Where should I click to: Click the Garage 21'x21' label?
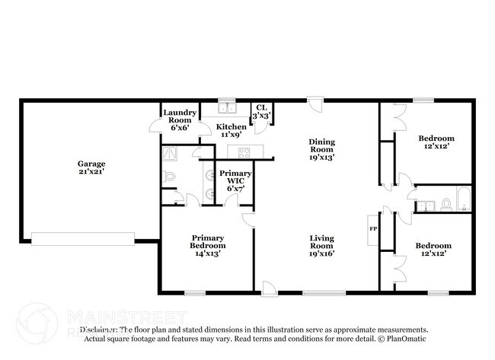point(91,167)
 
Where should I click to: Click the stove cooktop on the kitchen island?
point(245,152)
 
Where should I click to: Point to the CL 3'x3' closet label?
point(261,112)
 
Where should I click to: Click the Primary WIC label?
point(231,182)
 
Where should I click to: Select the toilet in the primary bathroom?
point(170,177)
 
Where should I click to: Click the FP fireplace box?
point(373,229)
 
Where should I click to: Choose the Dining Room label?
point(321,149)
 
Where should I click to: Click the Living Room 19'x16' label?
point(321,246)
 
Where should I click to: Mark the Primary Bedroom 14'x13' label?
point(208,245)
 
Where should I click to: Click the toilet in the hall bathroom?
point(445,204)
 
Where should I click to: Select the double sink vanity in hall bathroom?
point(425,204)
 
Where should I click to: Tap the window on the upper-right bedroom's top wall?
point(423,100)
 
